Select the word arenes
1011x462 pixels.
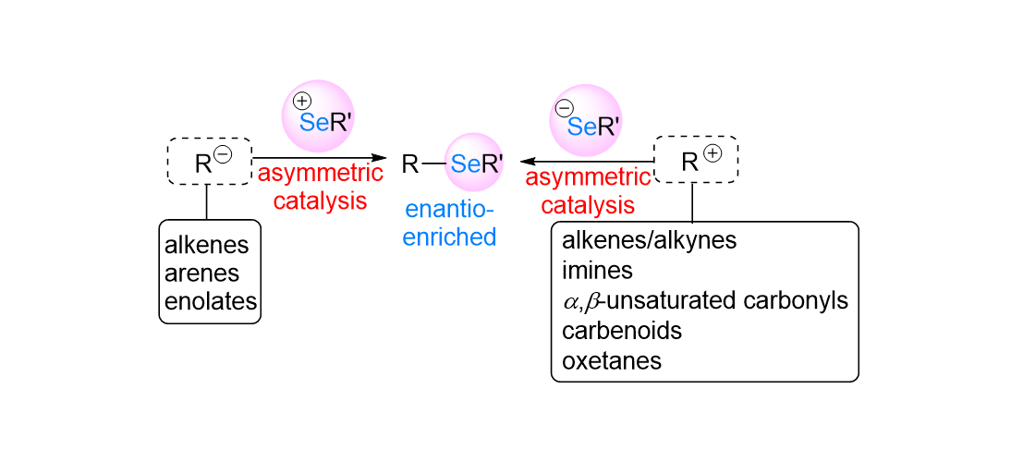coord(201,274)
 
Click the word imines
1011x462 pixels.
coord(597,271)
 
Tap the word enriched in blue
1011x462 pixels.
coord(449,237)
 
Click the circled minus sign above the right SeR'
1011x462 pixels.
coord(563,110)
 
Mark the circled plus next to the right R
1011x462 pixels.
coord(712,154)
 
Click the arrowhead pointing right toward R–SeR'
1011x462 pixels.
coord(377,158)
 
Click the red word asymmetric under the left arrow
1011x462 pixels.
coord(320,174)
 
